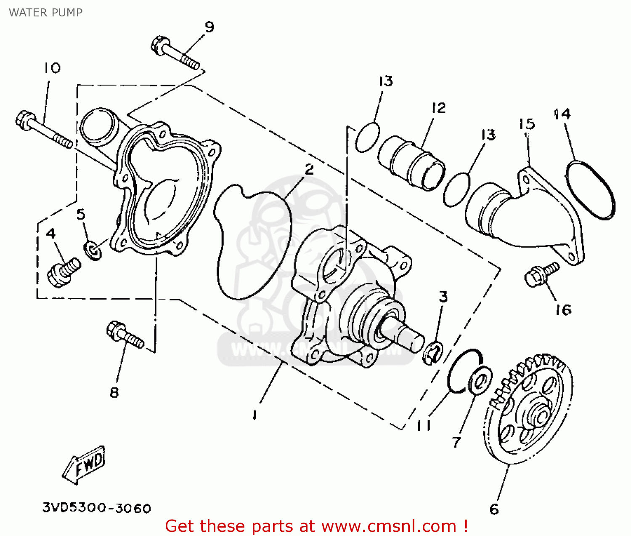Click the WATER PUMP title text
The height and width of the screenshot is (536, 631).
click(x=45, y=13)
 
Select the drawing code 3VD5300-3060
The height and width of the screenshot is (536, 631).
click(x=96, y=508)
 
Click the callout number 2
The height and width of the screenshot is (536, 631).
click(x=309, y=170)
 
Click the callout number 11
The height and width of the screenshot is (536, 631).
click(x=424, y=426)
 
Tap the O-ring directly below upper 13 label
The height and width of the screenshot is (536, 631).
click(x=367, y=137)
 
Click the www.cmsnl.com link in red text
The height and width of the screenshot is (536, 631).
click(x=389, y=526)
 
